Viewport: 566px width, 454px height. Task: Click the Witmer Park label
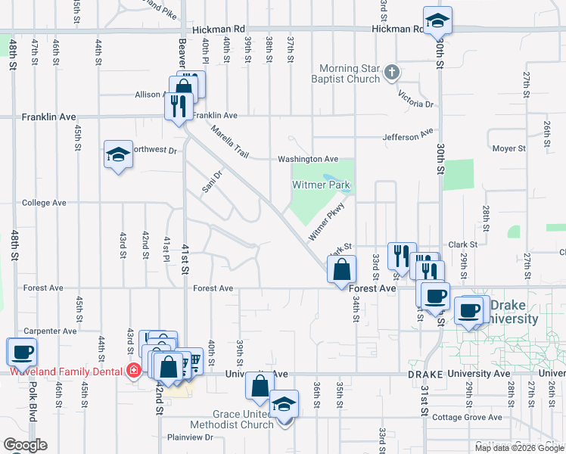(x=322, y=185)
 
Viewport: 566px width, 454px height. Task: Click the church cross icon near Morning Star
(x=391, y=73)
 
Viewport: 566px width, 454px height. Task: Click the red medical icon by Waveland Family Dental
(x=134, y=371)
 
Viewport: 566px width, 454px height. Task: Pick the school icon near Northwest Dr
(x=117, y=155)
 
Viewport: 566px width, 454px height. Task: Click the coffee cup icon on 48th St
(x=21, y=351)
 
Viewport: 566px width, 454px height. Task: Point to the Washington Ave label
(x=307, y=159)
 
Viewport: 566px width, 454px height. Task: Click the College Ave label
(x=44, y=203)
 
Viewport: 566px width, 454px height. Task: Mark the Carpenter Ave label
(x=50, y=331)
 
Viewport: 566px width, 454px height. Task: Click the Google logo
(x=25, y=445)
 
